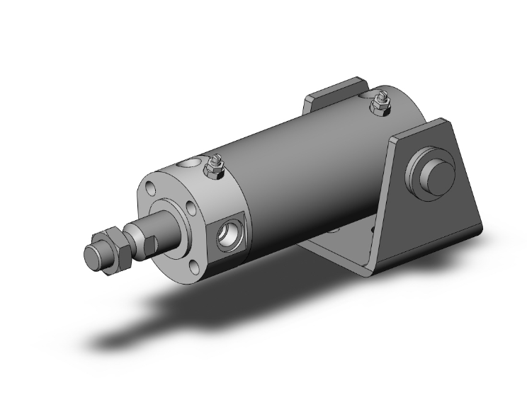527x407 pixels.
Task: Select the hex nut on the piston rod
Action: click(x=115, y=246)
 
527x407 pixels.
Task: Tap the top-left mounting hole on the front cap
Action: click(x=151, y=189)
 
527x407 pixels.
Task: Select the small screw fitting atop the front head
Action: click(x=213, y=168)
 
